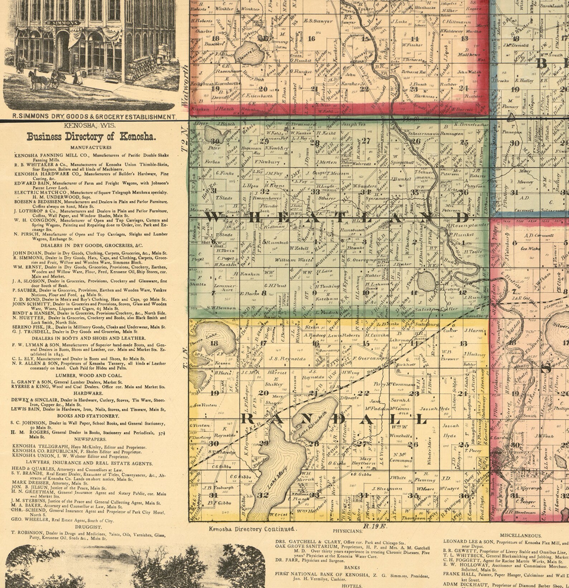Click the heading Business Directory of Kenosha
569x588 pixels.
click(91, 137)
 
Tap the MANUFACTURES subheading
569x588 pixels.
click(91, 147)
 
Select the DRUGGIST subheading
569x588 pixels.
click(91, 527)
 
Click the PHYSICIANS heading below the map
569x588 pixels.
click(347, 531)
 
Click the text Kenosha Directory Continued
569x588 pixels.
click(252, 528)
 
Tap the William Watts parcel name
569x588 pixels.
click(290, 259)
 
